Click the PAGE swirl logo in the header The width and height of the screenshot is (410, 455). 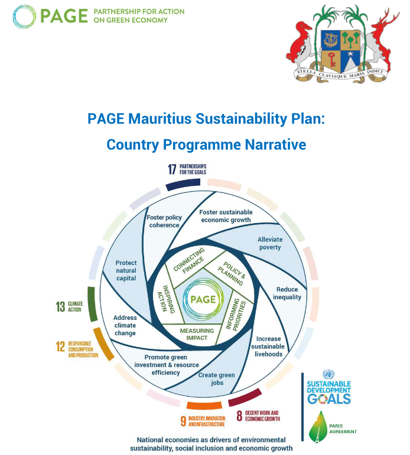click(x=25, y=16)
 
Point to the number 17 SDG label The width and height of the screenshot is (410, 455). click(x=172, y=170)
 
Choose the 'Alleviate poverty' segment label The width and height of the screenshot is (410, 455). click(x=270, y=243)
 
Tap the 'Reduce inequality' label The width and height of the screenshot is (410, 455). click(x=287, y=293)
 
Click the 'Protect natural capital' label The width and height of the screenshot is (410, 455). click(x=126, y=270)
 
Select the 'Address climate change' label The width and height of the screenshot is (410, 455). click(x=125, y=325)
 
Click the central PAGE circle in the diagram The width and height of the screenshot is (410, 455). click(x=202, y=299)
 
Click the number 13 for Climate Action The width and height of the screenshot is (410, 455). click(x=60, y=306)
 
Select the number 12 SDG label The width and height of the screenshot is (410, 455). click(x=60, y=347)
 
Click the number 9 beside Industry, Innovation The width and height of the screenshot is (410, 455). click(x=183, y=421)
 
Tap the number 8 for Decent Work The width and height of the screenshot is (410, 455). click(x=239, y=416)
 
